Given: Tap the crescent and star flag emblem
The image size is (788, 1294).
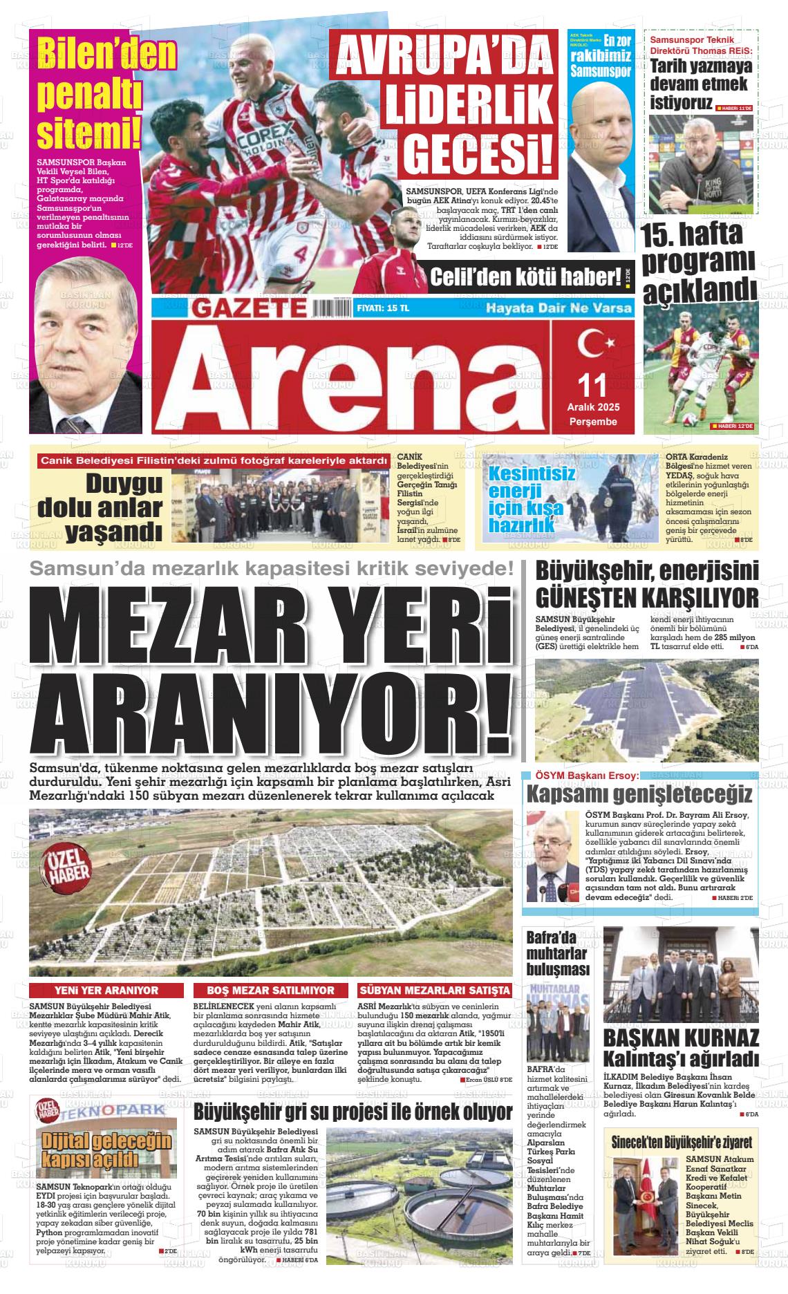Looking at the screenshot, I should coord(592,344).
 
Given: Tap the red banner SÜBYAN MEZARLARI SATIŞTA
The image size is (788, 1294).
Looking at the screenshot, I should coord(435,991).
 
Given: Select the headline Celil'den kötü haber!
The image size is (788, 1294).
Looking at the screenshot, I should coord(526,277).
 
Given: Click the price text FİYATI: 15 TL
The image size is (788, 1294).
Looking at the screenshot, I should coord(383,308).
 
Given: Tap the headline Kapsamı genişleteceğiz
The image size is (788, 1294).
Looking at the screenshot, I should coord(640,793).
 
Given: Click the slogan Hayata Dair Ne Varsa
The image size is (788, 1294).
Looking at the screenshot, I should coord(559,308).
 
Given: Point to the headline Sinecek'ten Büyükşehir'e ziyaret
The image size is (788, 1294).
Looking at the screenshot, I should coord(682,1142).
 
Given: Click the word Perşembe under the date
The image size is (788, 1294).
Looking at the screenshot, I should coord(593,422).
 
